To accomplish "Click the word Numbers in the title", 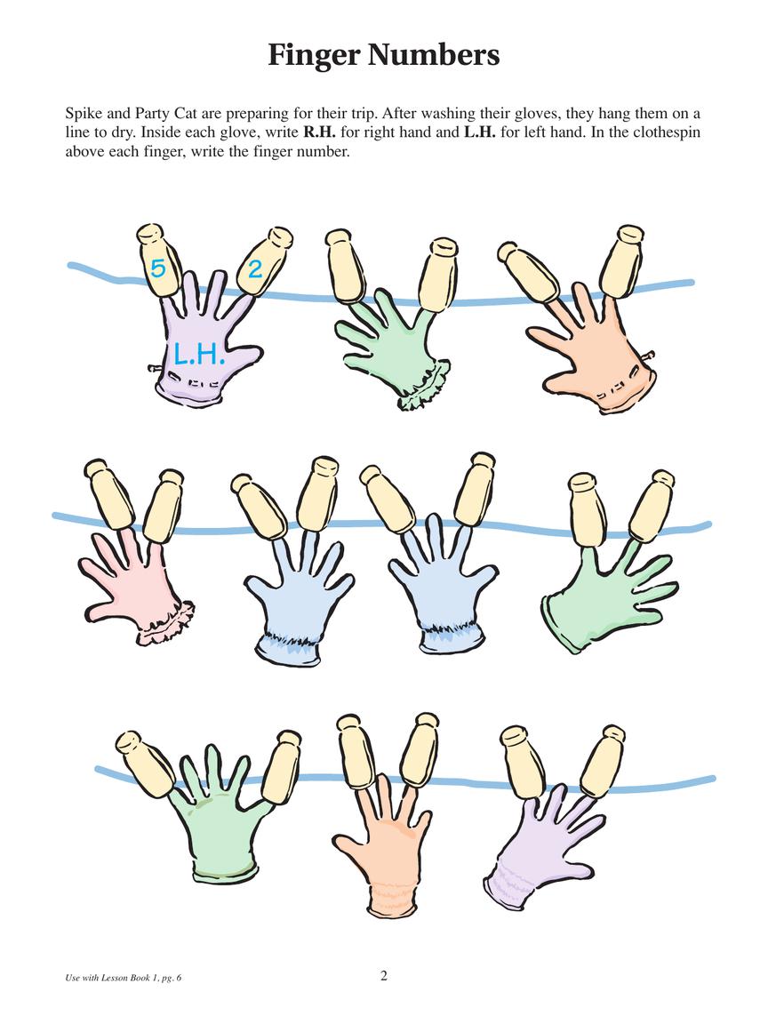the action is click(x=433, y=55).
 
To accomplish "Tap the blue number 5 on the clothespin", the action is click(x=157, y=268).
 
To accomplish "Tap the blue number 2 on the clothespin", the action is click(x=255, y=268).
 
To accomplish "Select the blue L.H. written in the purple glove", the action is click(x=199, y=354).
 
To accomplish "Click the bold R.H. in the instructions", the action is click(x=320, y=132).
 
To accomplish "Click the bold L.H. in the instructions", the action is click(x=480, y=132).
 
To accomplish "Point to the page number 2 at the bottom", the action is click(x=384, y=976).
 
